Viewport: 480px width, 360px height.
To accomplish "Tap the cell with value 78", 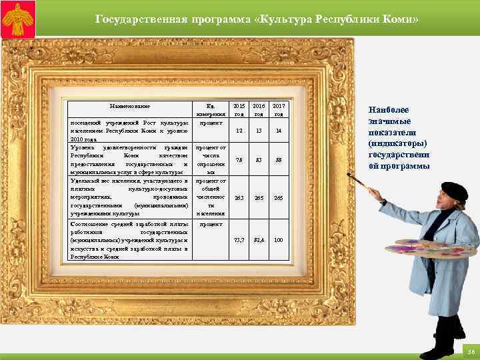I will coord(239,159).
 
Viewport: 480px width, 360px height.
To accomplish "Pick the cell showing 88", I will coord(279,159).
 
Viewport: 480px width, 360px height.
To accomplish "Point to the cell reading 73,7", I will coord(239,239).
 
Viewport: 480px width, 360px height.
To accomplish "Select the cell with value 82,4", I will coord(259,239).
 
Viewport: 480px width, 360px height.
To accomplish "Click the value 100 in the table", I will coord(279,239).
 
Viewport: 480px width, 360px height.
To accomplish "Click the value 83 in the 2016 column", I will coord(259,159).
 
